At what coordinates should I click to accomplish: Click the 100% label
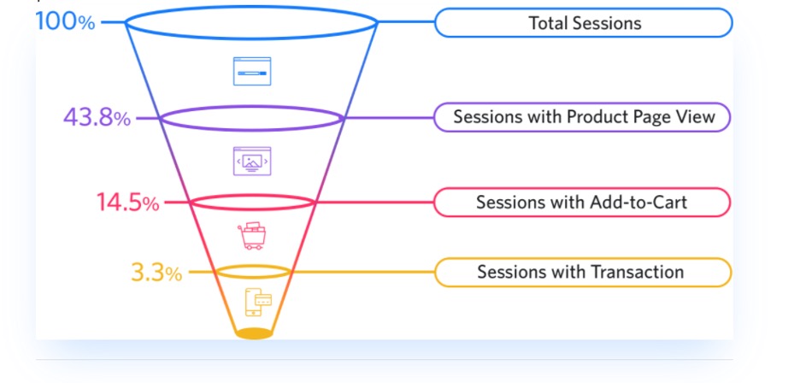tap(65, 22)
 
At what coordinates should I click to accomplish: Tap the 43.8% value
tap(97, 118)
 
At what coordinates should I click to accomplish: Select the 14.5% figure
tap(127, 203)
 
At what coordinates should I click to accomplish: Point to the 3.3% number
tap(156, 273)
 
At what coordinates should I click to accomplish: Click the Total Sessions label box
tap(584, 22)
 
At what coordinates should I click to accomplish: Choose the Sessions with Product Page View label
tap(583, 117)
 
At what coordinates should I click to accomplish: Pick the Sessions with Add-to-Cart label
tap(582, 203)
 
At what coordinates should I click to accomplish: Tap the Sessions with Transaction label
tap(583, 272)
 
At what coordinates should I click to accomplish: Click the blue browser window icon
tap(252, 71)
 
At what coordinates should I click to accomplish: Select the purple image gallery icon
tap(252, 161)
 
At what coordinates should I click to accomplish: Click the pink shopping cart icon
tap(252, 236)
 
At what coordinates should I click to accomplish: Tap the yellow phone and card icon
tap(258, 303)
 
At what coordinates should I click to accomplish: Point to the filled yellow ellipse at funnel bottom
tap(254, 333)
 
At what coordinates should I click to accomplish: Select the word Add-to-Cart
tap(638, 203)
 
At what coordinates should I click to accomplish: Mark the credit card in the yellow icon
tap(263, 300)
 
